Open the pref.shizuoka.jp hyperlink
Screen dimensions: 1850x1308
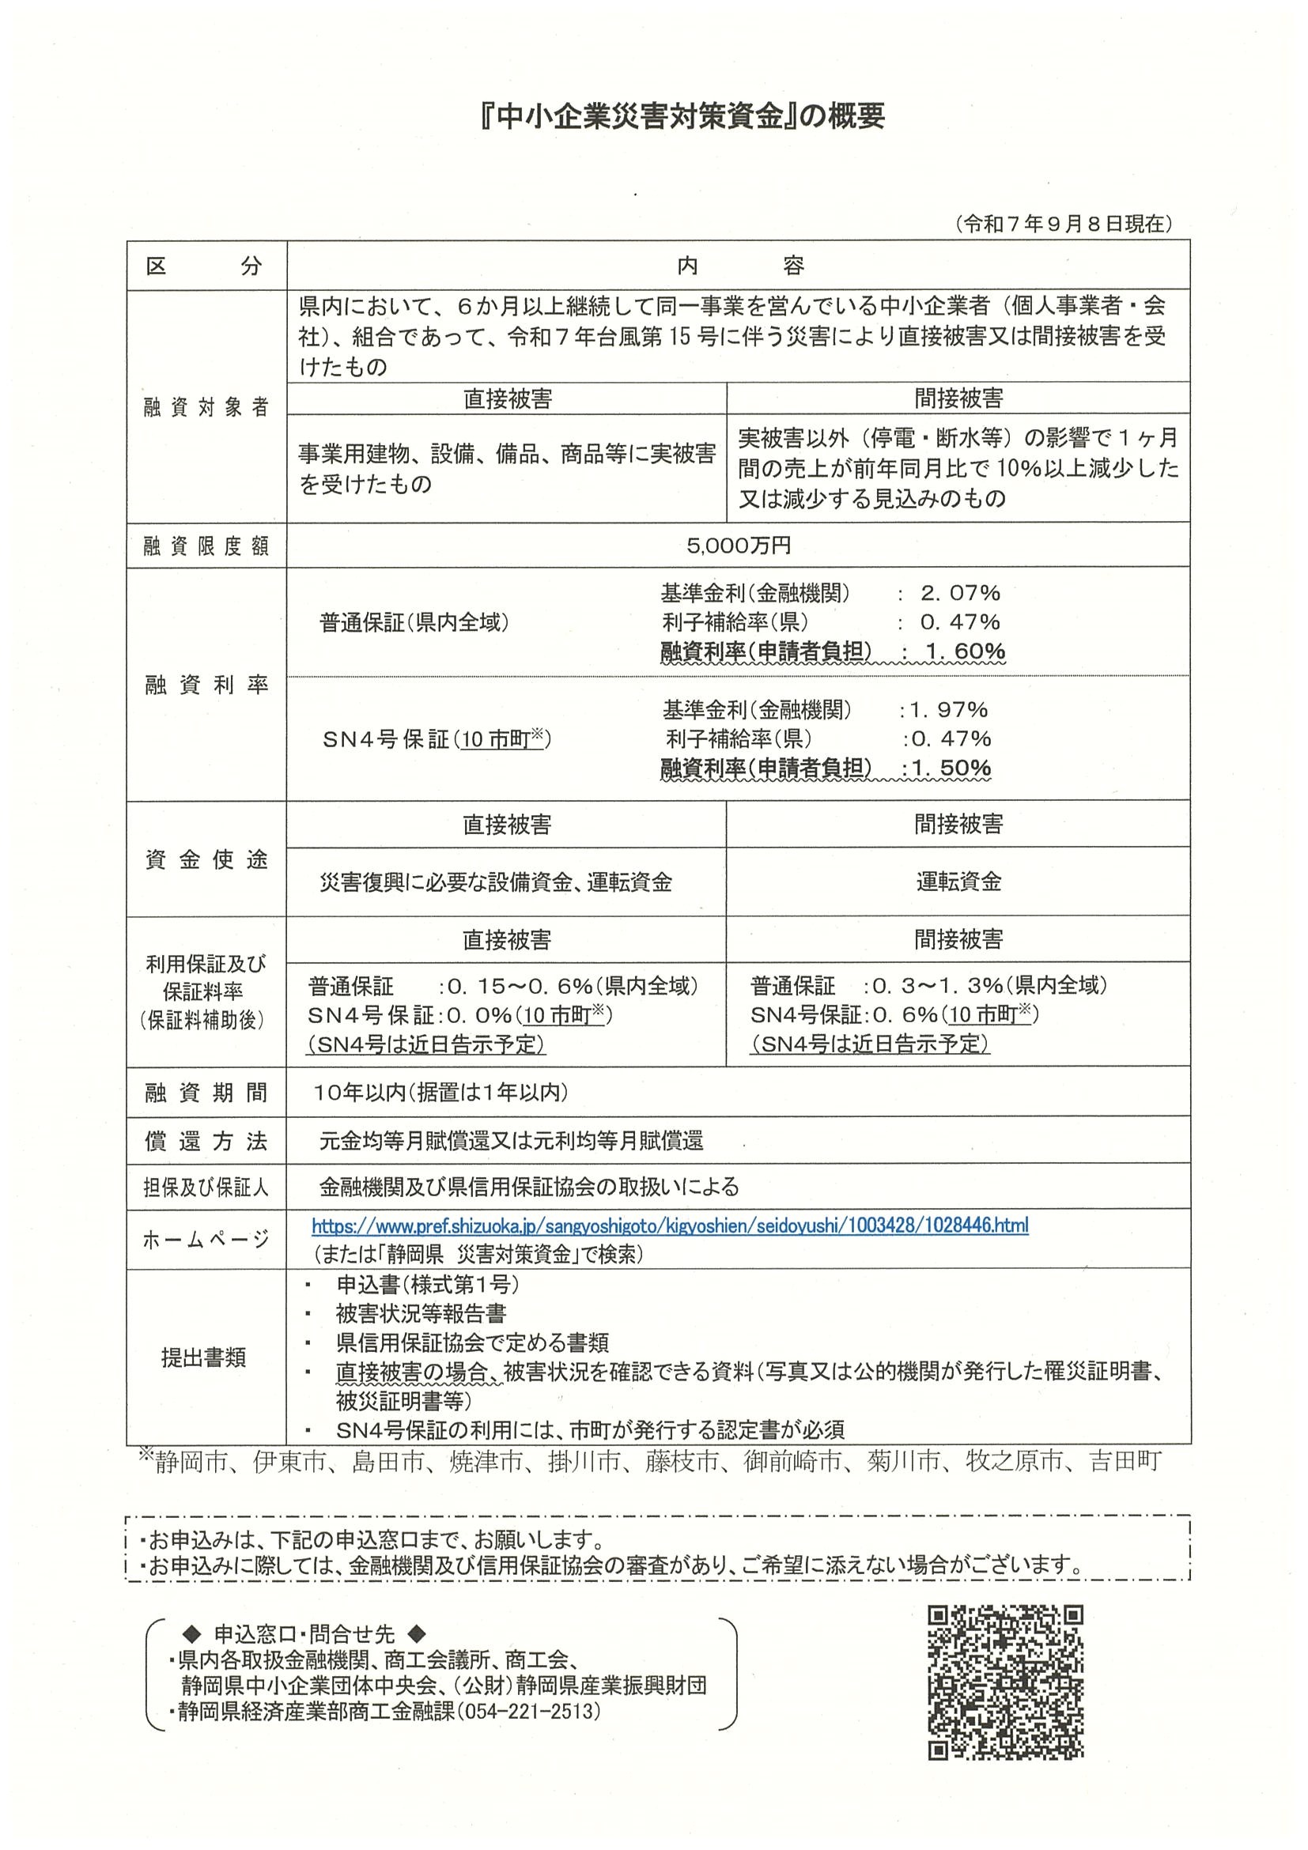coord(670,1225)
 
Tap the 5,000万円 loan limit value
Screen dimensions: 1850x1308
coord(738,546)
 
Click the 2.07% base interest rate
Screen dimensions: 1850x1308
coord(960,593)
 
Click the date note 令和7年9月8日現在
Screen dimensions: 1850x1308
coord(1063,224)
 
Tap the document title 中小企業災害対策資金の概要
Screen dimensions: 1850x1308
coord(681,117)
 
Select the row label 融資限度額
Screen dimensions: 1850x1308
coord(206,546)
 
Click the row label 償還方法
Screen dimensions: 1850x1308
coord(206,1140)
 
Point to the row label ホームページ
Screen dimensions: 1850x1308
coord(206,1239)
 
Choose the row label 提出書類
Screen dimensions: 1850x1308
coord(204,1357)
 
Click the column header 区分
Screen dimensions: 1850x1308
coord(205,266)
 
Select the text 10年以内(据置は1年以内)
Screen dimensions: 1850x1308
coord(441,1092)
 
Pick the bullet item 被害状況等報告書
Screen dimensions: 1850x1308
coord(421,1312)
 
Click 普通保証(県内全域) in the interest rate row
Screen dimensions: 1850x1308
coord(414,622)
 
